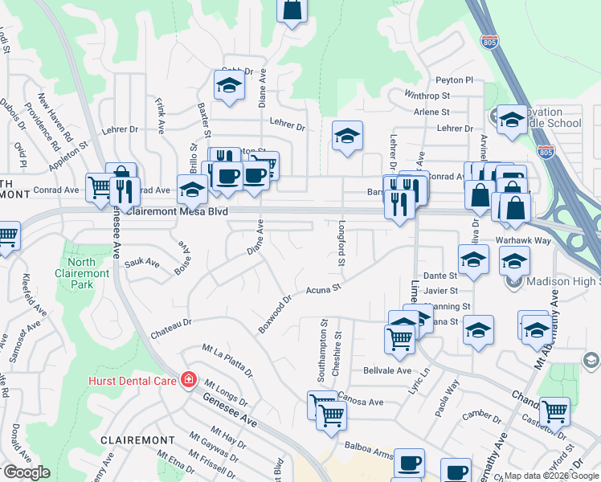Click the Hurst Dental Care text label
coord(133,379)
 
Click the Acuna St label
coord(325,288)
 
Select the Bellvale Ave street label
coord(387,370)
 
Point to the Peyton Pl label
coord(454,80)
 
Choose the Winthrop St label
coord(427,96)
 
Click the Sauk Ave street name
coord(142,263)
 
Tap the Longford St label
coord(341,244)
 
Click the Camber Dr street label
coord(482,417)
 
